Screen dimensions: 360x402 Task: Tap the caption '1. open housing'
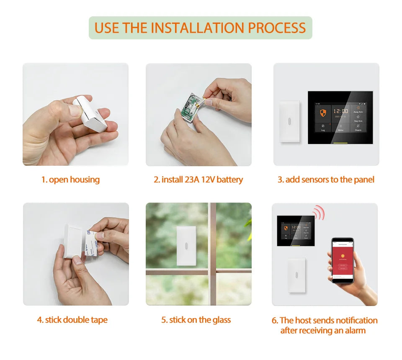click(70, 180)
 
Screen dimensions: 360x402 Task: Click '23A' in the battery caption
click(192, 180)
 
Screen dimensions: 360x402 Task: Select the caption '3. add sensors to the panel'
click(326, 180)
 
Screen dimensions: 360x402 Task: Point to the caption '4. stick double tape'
click(72, 320)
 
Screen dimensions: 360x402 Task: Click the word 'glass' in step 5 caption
click(222, 320)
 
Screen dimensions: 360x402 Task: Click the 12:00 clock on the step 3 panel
click(340, 111)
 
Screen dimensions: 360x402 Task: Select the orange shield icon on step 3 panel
click(323, 113)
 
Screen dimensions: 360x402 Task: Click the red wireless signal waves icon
click(319, 213)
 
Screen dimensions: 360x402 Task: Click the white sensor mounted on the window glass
click(185, 245)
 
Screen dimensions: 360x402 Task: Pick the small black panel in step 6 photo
click(296, 230)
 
